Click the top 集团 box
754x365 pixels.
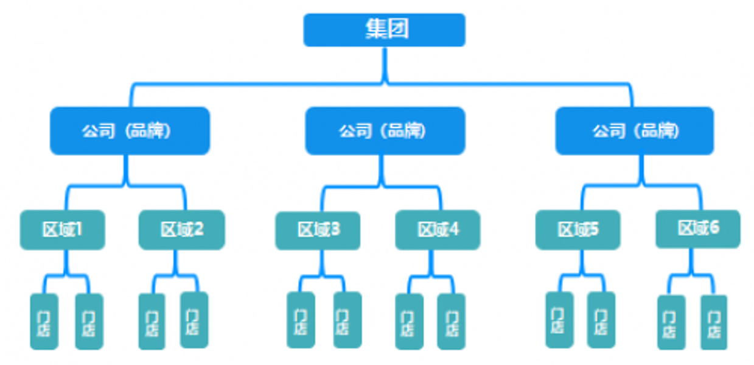(x=385, y=30)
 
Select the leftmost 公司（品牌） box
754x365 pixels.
(x=130, y=131)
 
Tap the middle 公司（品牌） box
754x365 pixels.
(x=385, y=131)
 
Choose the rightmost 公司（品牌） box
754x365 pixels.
(x=634, y=131)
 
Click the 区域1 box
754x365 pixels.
(x=62, y=230)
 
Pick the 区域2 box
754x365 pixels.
(x=181, y=230)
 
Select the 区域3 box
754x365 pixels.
(x=318, y=230)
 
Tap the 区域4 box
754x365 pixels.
(x=438, y=230)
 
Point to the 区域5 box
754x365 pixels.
(x=578, y=230)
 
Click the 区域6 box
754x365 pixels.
(x=698, y=229)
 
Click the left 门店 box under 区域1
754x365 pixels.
(x=44, y=322)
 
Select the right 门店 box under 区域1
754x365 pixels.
(x=89, y=322)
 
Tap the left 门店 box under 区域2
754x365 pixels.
(x=152, y=322)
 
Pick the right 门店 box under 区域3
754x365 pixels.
(x=347, y=321)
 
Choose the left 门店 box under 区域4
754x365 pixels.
(x=409, y=322)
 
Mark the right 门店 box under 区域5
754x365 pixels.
(x=601, y=320)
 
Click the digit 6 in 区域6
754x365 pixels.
(x=714, y=228)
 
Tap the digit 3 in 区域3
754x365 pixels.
(x=335, y=230)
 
